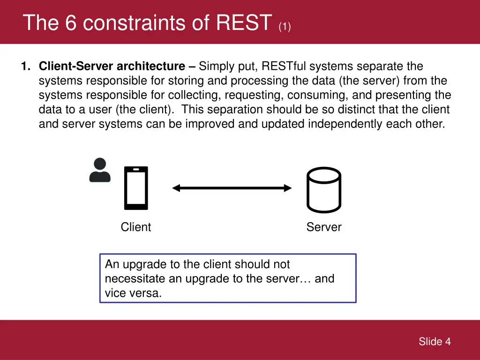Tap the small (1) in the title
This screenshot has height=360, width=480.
point(285,26)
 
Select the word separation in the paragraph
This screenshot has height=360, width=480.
point(236,110)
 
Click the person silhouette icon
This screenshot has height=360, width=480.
point(100,170)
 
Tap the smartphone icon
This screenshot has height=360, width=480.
point(136,188)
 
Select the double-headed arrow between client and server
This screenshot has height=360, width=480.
point(232,188)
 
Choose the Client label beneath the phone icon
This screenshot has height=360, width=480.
point(136,227)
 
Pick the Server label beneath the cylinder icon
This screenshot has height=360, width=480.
point(324,227)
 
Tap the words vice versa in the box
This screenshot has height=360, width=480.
point(133,293)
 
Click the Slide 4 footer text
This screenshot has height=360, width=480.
point(435,342)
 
